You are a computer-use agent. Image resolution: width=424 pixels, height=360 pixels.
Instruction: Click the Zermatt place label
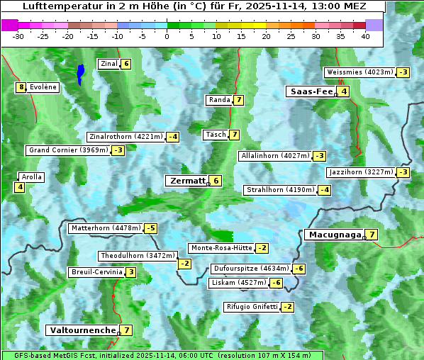coord(186,181)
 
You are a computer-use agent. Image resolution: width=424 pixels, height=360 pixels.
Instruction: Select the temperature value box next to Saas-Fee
coord(343,91)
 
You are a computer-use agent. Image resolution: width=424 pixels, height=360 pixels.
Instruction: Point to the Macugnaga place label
coord(333,235)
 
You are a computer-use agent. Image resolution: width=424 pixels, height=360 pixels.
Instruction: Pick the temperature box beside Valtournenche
coord(126,330)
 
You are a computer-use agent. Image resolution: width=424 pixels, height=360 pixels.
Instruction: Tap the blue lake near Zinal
coord(81,73)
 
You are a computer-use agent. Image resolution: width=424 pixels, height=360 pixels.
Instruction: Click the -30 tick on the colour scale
coord(18,36)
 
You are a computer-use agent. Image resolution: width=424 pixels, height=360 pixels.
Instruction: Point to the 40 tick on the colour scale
coord(365,36)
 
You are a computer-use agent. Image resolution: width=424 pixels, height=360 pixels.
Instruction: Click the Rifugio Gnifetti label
coord(252,307)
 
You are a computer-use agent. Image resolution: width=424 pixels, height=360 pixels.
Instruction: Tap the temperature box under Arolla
coord(19,187)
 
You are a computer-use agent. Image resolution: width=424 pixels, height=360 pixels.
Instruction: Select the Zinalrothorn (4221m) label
coord(125,137)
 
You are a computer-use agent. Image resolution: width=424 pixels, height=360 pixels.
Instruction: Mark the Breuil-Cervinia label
coord(96,272)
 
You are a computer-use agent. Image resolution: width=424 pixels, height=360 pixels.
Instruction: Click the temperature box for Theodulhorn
coord(184,264)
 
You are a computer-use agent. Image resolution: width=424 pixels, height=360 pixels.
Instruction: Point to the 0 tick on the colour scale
coord(167,36)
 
